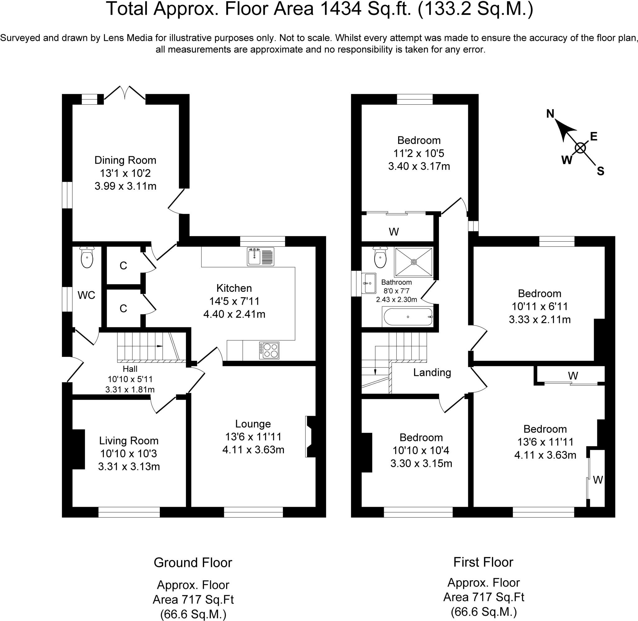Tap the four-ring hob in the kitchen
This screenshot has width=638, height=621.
tap(269, 350)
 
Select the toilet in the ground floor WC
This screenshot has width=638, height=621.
tap(87, 258)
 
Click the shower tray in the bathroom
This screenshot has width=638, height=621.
tap(414, 262)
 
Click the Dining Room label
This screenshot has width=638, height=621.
tap(125, 160)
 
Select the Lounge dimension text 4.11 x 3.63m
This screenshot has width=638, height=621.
tap(253, 450)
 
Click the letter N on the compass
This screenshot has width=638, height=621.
tap(550, 114)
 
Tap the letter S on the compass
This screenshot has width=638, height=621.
tap(601, 171)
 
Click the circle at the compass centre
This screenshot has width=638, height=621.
tap(580, 148)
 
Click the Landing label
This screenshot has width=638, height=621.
tap(432, 372)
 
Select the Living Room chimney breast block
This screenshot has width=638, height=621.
tap(78, 449)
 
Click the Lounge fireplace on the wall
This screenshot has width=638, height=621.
tap(311, 436)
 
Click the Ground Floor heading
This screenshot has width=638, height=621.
tap(193, 562)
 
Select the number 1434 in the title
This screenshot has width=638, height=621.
tap(341, 9)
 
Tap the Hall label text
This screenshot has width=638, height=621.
tap(130, 369)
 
